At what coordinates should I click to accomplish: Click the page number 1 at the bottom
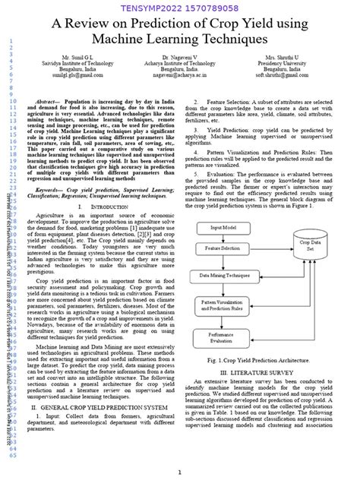pyautogui.click(x=179, y=472)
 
